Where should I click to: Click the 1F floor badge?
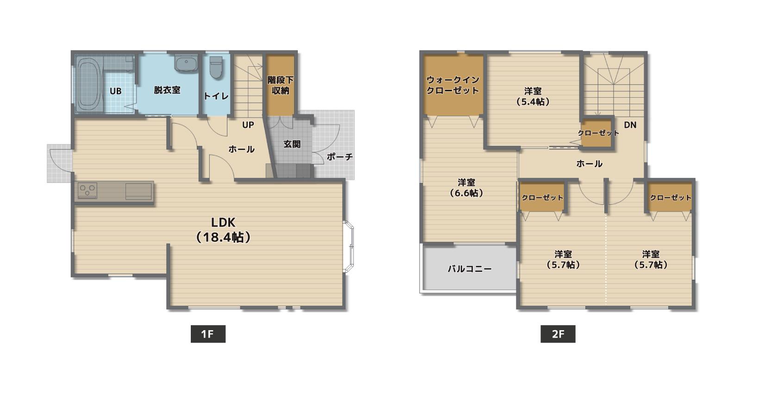pyautogui.click(x=208, y=334)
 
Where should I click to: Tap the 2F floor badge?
pyautogui.click(x=558, y=334)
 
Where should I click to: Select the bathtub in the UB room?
pyautogui.click(x=89, y=84)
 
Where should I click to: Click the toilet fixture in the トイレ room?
pyautogui.click(x=216, y=67)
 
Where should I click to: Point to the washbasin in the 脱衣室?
pyautogui.click(x=186, y=63)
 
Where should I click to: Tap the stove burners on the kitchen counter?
pyautogui.click(x=87, y=191)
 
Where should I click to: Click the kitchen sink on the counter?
pyautogui.click(x=138, y=191)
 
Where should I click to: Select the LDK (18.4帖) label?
pyautogui.click(x=223, y=230)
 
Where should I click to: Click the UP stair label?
pyautogui.click(x=248, y=125)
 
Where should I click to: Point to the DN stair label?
pyautogui.click(x=630, y=125)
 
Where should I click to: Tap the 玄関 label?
pyautogui.click(x=292, y=144)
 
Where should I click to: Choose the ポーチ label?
pyautogui.click(x=340, y=157)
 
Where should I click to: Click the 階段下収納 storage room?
pyautogui.click(x=280, y=85)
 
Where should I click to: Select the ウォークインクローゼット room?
pyautogui.click(x=453, y=85)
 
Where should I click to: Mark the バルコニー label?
pyautogui.click(x=470, y=269)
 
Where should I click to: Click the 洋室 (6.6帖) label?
pyautogui.click(x=466, y=188)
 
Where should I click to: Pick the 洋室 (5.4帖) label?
pyautogui.click(x=533, y=97)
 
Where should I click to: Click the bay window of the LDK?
pyautogui.click(x=349, y=247)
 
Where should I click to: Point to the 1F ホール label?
pyautogui.click(x=241, y=150)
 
